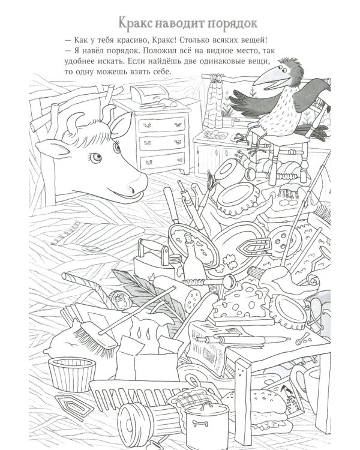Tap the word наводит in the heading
(180, 23)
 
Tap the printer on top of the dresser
(149, 94)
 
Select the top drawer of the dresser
(162, 125)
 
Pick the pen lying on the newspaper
(244, 340)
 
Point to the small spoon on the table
(302, 339)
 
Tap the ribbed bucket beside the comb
(72, 374)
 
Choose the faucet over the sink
(234, 121)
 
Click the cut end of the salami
(193, 299)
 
